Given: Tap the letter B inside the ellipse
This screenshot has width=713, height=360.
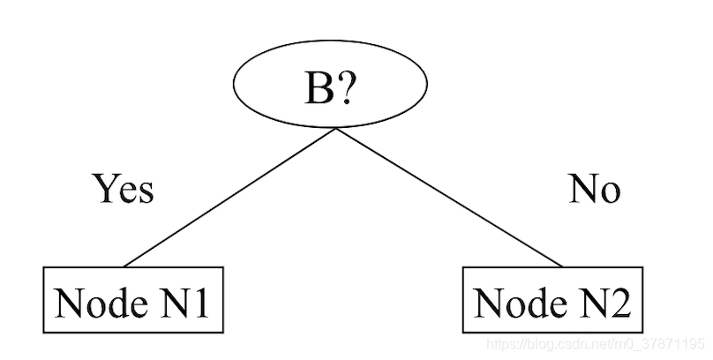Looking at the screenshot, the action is click(x=319, y=89).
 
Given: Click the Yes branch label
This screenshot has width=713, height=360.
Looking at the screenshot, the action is click(x=124, y=189).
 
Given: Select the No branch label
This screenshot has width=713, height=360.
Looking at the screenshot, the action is click(x=594, y=189).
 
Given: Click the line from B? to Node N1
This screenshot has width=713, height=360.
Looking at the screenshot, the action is click(x=229, y=198).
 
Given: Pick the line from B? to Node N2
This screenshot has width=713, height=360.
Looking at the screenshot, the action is click(x=448, y=198).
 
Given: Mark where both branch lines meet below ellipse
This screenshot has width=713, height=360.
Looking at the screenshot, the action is click(x=334, y=130).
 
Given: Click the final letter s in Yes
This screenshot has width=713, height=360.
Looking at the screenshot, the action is click(x=146, y=192).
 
